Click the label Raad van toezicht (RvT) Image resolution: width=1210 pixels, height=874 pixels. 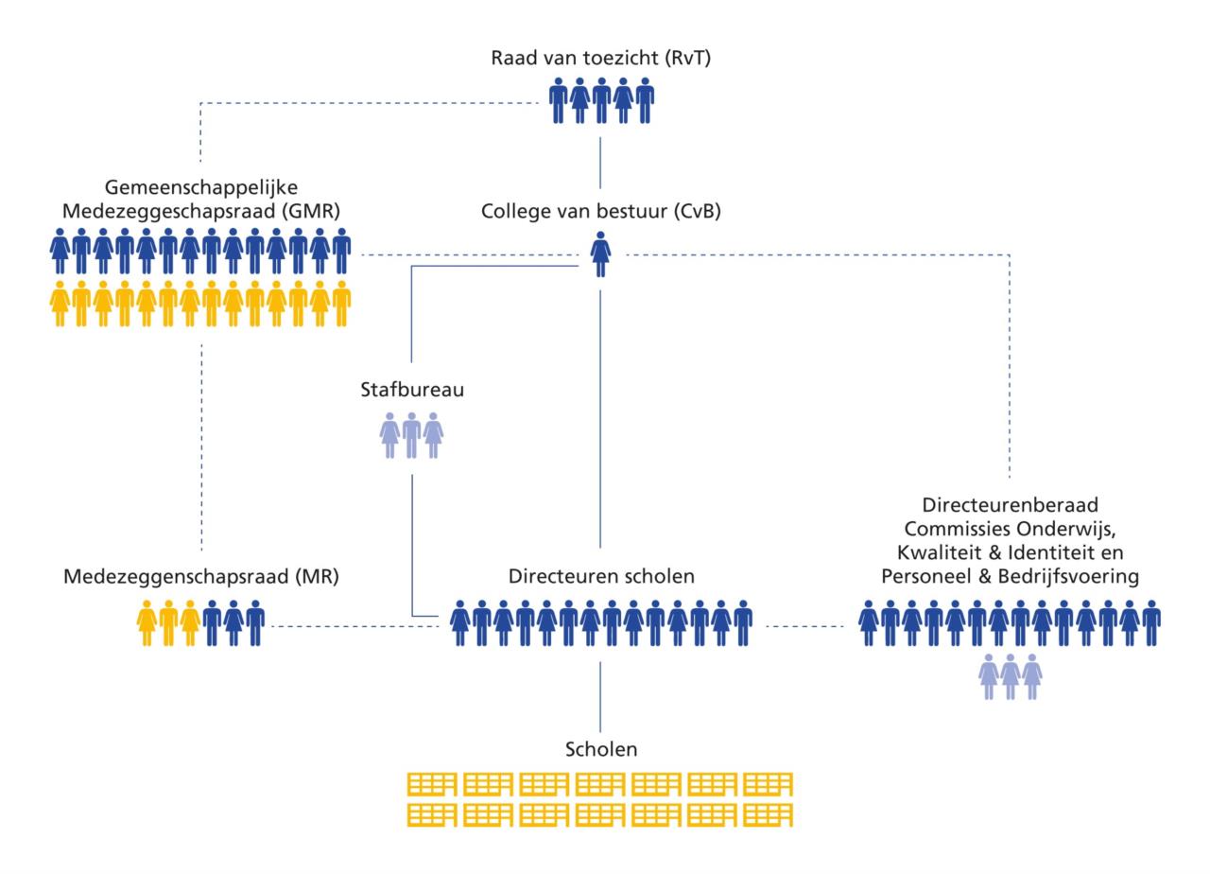600,58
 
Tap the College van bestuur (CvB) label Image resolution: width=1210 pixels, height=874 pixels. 600,211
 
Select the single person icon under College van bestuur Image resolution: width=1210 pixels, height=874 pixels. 600,254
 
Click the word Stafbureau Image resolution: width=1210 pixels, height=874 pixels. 412,389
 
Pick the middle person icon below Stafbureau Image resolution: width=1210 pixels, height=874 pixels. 411,436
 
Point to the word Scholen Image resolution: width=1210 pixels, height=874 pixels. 601,749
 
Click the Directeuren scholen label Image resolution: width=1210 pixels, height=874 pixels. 601,576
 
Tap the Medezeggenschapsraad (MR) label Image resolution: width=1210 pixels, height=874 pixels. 201,577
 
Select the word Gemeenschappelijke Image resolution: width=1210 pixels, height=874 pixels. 201,187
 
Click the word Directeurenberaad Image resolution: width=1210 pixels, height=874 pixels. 1011,505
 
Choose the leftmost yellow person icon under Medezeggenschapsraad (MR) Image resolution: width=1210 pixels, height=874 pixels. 147,623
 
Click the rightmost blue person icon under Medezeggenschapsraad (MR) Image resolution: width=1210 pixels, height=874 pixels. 255,623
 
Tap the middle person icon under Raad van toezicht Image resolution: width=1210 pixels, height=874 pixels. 601,100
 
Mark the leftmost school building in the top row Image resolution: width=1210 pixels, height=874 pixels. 432,784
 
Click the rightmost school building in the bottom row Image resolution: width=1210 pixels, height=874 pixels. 768,815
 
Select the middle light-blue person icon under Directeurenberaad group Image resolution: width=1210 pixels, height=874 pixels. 1011,676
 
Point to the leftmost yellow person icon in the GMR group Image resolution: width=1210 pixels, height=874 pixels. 60,304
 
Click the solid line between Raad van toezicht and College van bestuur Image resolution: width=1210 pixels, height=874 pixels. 600,163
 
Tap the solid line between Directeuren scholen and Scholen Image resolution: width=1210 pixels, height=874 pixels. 600,697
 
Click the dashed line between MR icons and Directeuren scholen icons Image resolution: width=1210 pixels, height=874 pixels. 355,626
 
